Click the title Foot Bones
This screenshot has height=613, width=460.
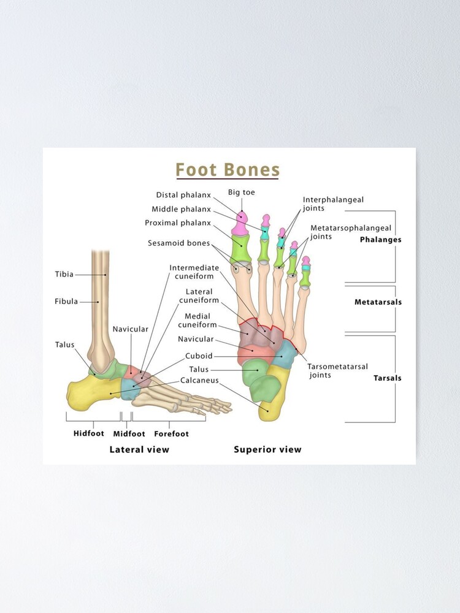point(228,169)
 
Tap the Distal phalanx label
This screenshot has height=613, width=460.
point(183,195)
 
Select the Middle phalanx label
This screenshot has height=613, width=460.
point(181,209)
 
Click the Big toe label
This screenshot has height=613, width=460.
point(241,192)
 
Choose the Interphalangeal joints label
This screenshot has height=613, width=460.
point(332,204)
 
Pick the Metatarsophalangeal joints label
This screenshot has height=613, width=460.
point(350,232)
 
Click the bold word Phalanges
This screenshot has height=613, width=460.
point(380,240)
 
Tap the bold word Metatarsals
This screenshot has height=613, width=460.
point(378,302)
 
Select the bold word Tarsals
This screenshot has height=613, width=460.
point(387,378)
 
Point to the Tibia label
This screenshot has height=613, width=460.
point(64,274)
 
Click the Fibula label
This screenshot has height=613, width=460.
point(66,302)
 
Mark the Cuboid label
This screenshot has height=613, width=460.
point(199,356)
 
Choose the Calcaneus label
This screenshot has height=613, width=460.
point(199,381)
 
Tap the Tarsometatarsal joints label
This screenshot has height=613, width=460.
point(337,370)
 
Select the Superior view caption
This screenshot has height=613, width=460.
point(267,449)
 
